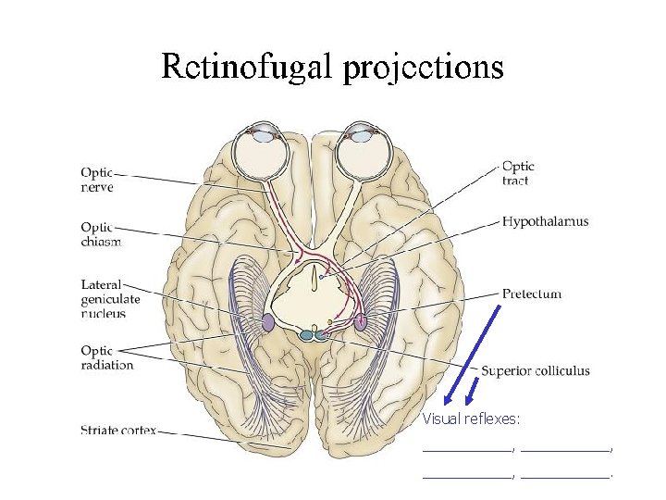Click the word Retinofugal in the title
click(245, 67)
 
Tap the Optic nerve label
click(96, 178)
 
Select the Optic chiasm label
click(101, 233)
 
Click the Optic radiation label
click(106, 357)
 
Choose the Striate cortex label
click(117, 430)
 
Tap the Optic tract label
click(518, 173)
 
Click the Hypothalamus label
click(545, 222)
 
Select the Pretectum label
click(531, 294)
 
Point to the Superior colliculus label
click(535, 371)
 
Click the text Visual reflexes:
click(471, 419)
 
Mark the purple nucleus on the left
click(268, 323)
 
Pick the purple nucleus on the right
click(360, 322)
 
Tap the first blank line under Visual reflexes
click(466, 450)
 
